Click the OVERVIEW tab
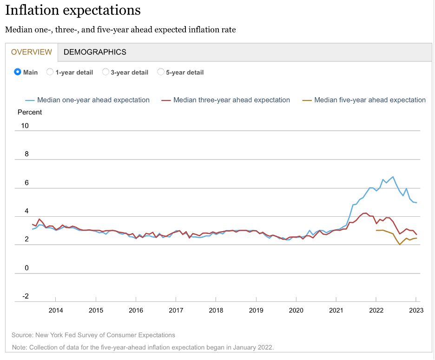pos(31,52)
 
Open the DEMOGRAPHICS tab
pos(95,52)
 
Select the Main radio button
pos(18,72)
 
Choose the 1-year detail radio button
pos(50,72)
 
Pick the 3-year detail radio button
pos(105,72)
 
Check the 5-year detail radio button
pos(161,72)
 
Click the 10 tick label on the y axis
pos(25,126)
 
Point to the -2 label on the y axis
pos(25,296)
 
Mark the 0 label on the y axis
pos(26,268)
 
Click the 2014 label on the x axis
pos(56,310)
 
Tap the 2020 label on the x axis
pos(296,310)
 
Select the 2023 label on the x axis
pos(416,310)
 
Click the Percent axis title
pos(30,112)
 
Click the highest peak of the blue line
pos(393,177)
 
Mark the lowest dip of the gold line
pos(400,245)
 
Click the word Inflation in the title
pos(33,10)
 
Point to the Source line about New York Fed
pos(93,335)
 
